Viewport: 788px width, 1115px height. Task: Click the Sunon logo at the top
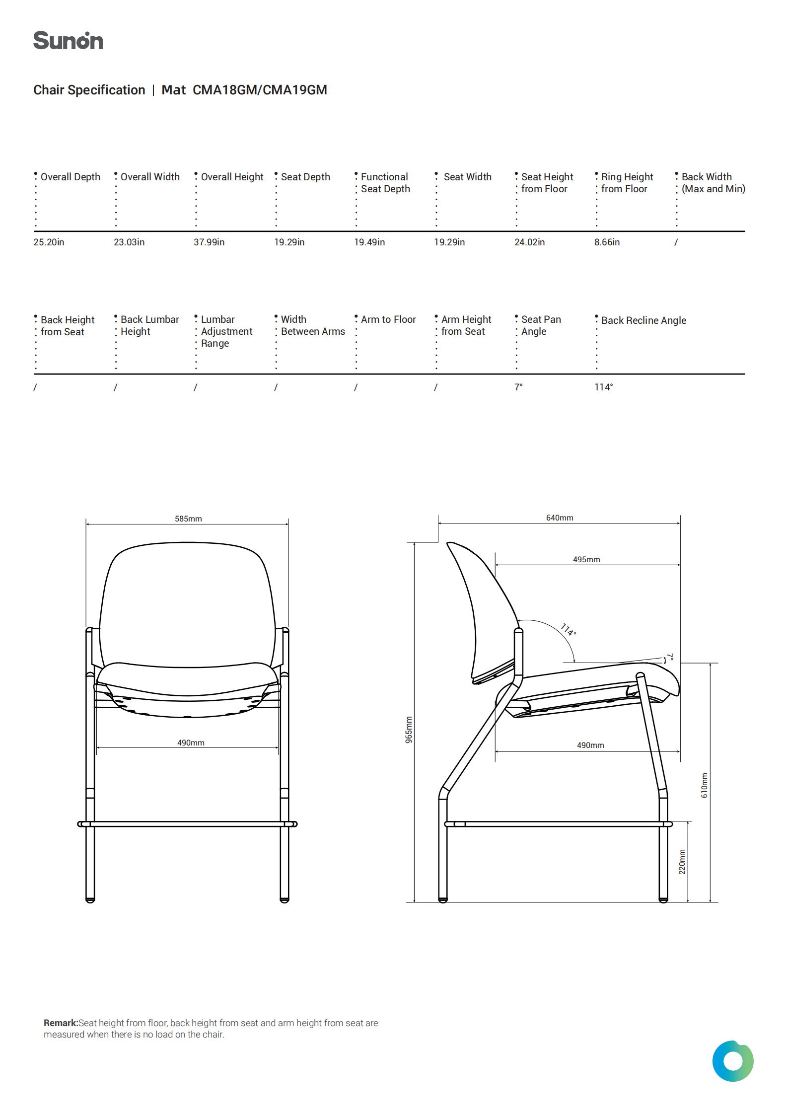point(68,41)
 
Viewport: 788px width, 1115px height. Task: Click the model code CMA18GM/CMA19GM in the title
point(259,90)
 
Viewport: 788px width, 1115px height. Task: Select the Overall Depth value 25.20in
point(49,242)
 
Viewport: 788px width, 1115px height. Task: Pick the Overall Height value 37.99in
point(209,242)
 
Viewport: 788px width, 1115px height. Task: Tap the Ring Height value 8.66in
point(607,242)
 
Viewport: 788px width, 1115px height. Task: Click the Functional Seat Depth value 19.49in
point(369,242)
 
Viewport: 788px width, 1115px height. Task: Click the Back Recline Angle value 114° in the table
point(603,387)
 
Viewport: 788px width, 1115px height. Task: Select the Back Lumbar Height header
point(149,325)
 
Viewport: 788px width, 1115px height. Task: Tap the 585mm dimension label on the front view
point(188,519)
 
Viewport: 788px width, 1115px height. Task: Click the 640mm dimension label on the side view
point(560,518)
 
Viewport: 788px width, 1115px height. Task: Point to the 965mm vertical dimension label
point(409,730)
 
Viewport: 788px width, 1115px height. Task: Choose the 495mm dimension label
point(586,560)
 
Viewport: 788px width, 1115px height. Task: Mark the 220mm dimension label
point(682,862)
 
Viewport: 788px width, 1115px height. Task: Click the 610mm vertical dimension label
point(705,785)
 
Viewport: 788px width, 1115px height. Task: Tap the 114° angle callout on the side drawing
point(569,630)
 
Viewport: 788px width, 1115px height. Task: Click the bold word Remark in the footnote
point(61,1023)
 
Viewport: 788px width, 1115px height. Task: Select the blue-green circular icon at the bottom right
point(732,1061)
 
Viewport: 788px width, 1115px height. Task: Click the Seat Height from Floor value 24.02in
point(529,242)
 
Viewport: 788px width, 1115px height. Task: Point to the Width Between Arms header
point(312,325)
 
